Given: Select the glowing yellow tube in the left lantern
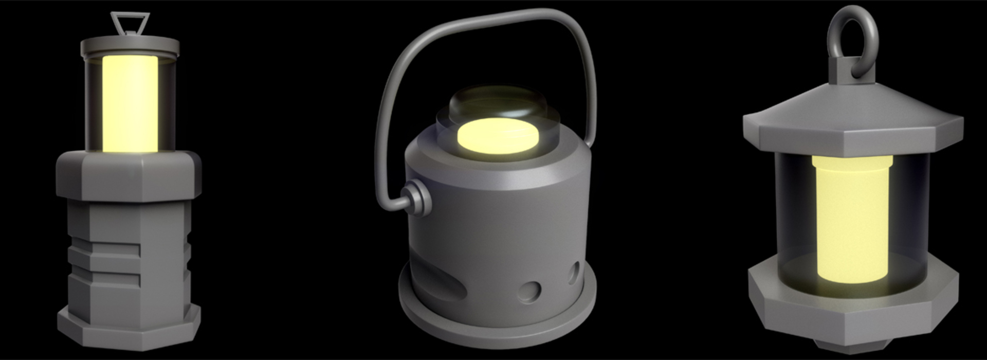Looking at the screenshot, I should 130,103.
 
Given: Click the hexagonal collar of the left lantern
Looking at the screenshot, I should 129,175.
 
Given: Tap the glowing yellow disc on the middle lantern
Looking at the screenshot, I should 498,135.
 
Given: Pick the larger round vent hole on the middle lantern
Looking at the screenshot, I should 529,291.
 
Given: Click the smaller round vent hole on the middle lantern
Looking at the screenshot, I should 573,273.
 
